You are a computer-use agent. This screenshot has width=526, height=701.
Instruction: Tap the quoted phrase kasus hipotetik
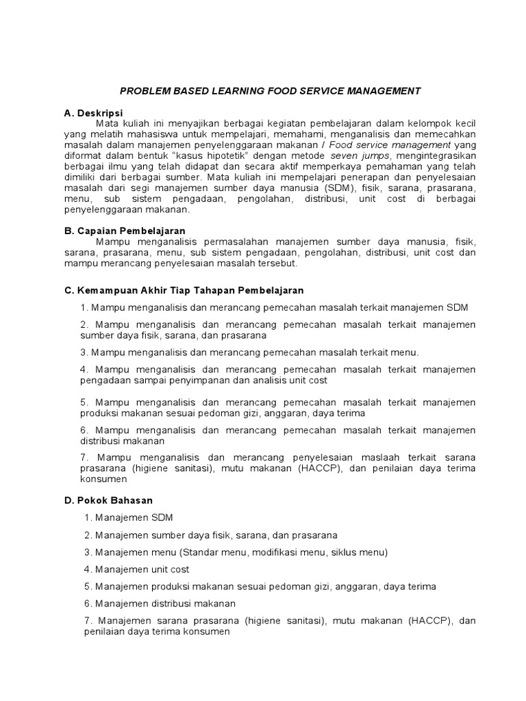[203, 155]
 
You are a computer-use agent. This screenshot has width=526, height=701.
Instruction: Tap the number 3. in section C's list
[84, 353]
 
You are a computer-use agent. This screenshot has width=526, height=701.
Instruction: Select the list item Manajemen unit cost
[142, 569]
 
